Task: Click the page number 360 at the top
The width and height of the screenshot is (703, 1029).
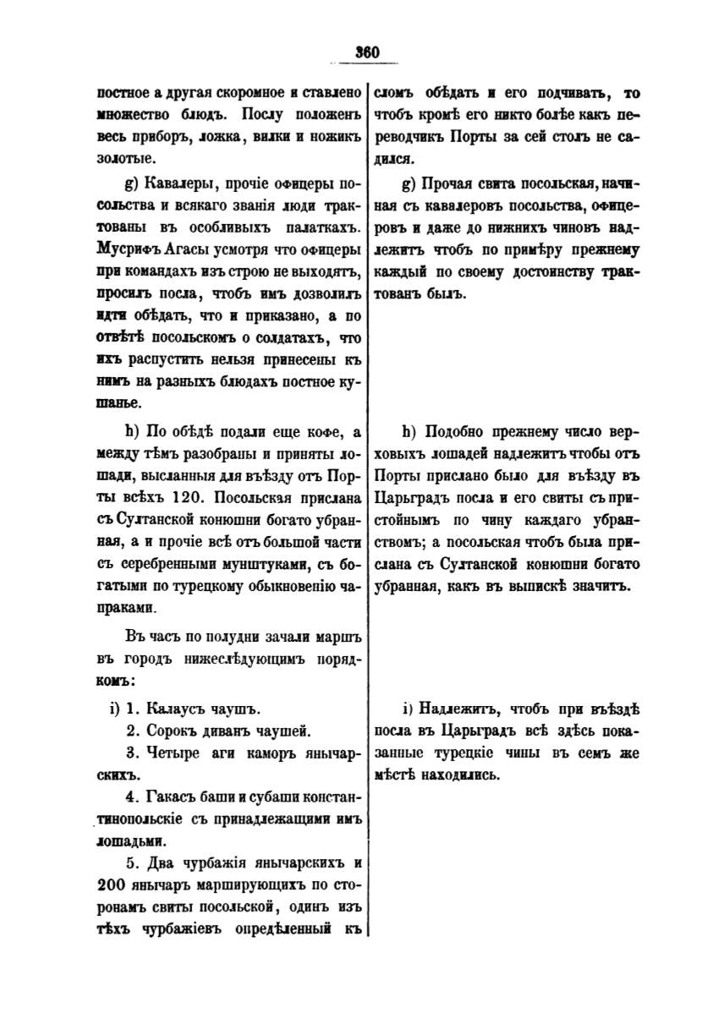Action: coord(366,52)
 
